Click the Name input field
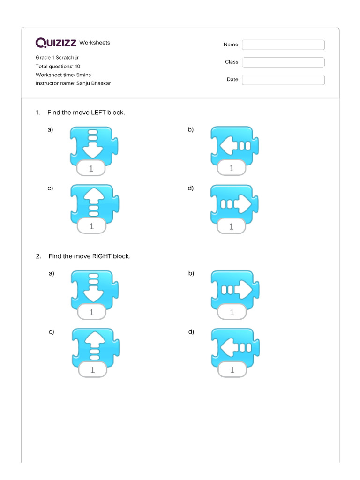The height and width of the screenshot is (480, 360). (283, 45)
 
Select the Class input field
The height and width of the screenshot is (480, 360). (283, 62)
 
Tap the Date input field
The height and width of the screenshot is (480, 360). (283, 80)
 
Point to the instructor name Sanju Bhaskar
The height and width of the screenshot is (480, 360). (93, 83)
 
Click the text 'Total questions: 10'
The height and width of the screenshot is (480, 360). (58, 67)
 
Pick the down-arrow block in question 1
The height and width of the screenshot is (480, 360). (93, 147)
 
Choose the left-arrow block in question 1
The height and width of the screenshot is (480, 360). (234, 147)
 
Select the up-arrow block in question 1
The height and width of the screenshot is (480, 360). (93, 205)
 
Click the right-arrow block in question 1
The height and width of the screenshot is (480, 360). (234, 205)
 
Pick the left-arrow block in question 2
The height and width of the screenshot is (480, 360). (234, 349)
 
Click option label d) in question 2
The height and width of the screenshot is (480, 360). (191, 332)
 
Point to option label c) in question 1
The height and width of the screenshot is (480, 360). (50, 188)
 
